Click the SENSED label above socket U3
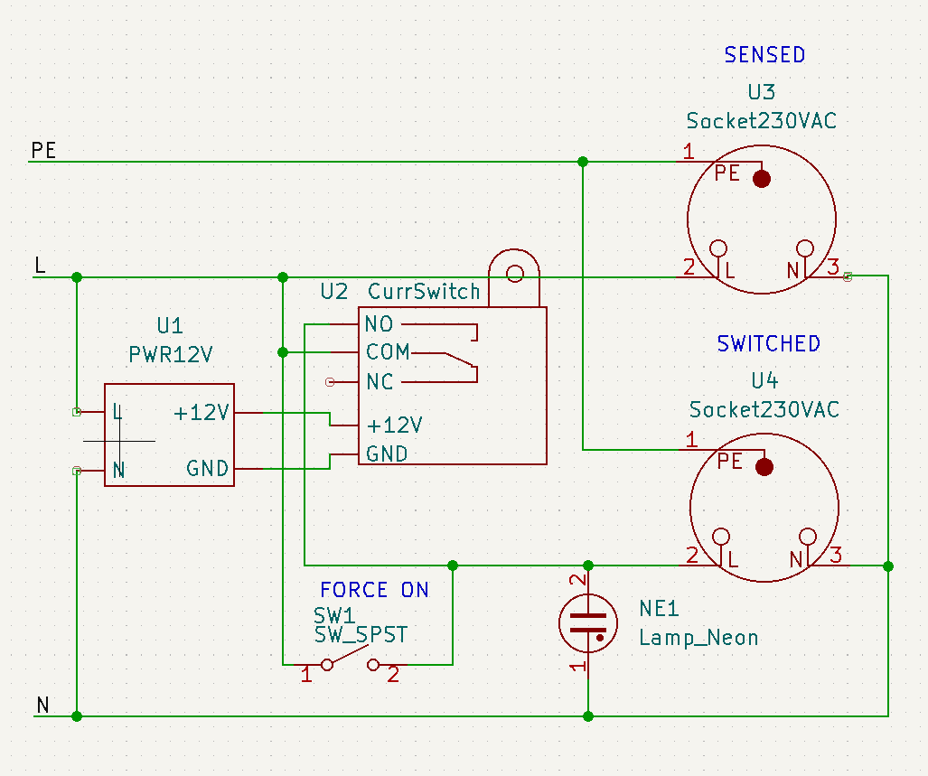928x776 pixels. tap(764, 55)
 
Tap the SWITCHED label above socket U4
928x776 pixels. tap(768, 344)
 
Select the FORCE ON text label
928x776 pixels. tap(374, 590)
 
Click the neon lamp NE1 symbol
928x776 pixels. tap(588, 621)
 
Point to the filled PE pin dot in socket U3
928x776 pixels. tap(762, 178)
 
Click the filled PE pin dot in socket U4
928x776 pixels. tap(764, 467)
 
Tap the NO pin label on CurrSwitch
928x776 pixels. tap(379, 324)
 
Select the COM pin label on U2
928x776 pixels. tap(388, 352)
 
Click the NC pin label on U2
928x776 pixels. tap(380, 382)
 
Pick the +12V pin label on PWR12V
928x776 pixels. tap(202, 413)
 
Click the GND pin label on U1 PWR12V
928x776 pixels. tap(207, 469)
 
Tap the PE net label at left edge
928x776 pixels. tap(43, 151)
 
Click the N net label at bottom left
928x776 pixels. tap(42, 706)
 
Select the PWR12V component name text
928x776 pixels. tap(170, 354)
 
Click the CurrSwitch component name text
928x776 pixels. tap(424, 292)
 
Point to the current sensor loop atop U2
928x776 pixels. tap(514, 273)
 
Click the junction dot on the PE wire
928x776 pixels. tap(583, 162)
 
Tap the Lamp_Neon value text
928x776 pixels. tap(698, 638)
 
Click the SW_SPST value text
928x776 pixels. tap(361, 635)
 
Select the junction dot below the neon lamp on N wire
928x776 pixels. tap(588, 716)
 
